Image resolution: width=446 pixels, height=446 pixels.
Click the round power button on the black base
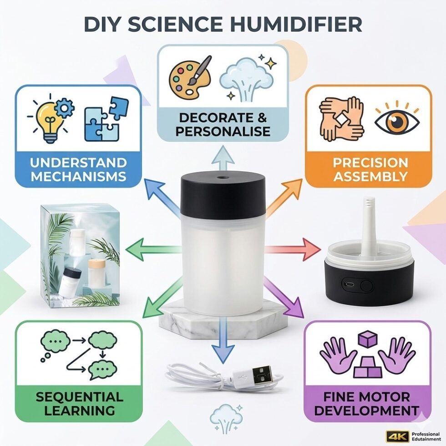366,285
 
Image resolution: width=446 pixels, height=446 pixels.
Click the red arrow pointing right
293,249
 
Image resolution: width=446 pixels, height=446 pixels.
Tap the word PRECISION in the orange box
370,163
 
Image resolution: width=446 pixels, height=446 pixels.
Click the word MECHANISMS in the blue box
78,177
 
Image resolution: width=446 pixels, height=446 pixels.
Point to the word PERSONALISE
223,132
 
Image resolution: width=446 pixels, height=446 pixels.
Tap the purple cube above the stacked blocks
368,339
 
